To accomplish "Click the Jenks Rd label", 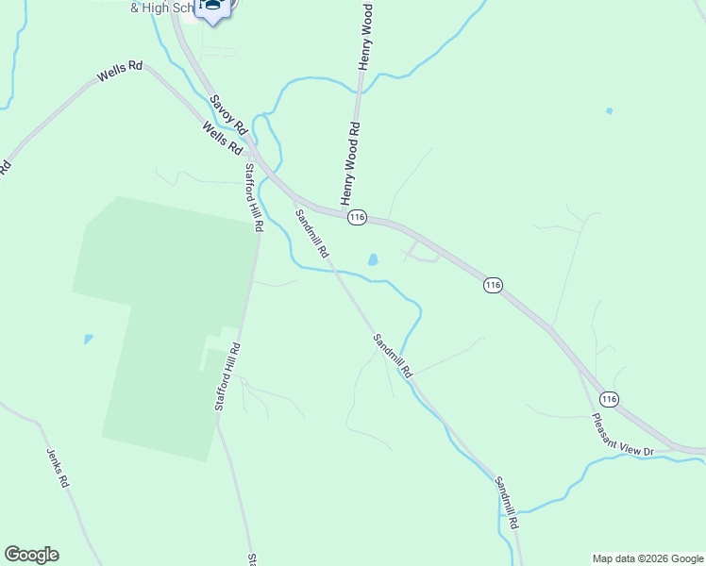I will tap(59, 467).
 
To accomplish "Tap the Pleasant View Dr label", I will tap(622, 435).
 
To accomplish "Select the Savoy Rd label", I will tap(227, 113).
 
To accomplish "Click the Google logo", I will tap(31, 555).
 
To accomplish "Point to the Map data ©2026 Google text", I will tap(647, 558).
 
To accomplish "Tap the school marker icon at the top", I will tap(215, 8).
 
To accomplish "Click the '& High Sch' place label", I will tap(162, 8).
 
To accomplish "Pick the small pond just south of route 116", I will tap(373, 258).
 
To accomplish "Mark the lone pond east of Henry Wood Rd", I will tap(609, 111).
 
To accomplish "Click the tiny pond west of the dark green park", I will tap(88, 338).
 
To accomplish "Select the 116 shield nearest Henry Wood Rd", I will tap(356, 218).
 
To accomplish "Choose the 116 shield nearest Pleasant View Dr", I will tap(609, 399).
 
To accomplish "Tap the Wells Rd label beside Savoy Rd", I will tap(223, 139).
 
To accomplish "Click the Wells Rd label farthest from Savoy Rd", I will tap(119, 72).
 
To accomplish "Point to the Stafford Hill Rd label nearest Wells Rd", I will tap(252, 198).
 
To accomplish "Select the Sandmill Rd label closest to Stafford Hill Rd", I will tap(311, 234).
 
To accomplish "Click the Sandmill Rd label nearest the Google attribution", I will tap(507, 501).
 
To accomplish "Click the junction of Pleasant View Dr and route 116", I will tap(577, 364).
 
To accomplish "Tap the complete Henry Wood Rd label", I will tap(349, 162).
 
